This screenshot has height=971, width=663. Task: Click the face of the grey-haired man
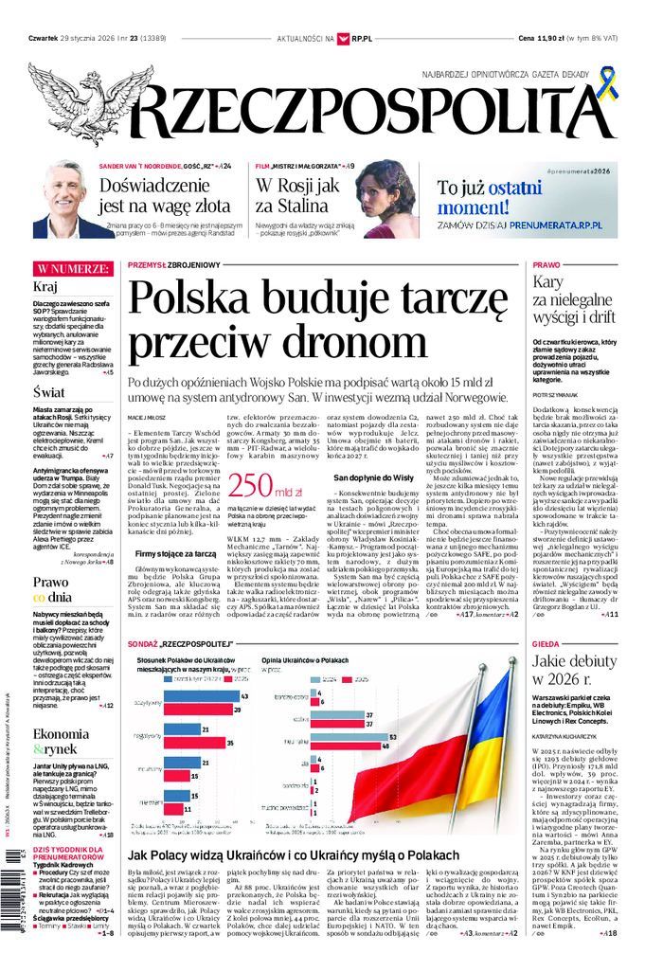[64, 197]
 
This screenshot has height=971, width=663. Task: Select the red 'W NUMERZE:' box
[69, 268]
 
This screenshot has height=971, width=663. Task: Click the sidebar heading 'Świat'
[49, 390]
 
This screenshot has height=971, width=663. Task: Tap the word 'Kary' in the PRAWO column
[548, 281]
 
